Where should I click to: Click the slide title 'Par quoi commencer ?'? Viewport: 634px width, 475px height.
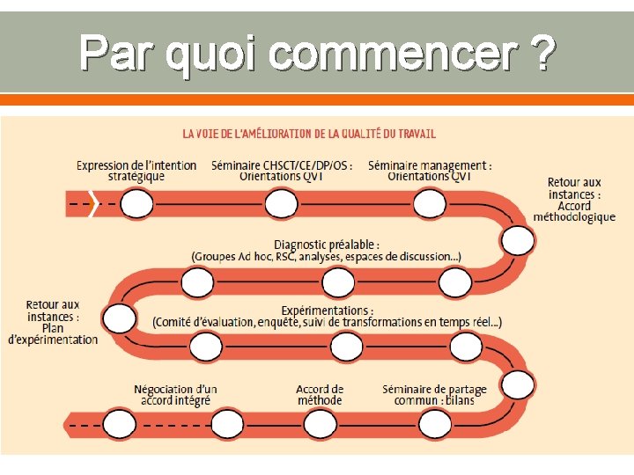point(317,53)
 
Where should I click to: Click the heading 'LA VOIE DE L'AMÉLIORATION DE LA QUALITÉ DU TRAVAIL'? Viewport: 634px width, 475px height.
point(309,134)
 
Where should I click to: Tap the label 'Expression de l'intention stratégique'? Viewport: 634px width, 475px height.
point(136,171)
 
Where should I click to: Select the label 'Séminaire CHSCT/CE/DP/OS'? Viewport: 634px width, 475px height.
point(282,171)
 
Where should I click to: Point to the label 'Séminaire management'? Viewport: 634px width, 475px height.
point(430,171)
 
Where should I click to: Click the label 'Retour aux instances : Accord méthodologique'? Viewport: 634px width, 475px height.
point(574,200)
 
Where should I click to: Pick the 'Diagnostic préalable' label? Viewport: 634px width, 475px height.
point(327,250)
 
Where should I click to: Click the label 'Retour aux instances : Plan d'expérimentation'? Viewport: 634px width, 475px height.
point(53,322)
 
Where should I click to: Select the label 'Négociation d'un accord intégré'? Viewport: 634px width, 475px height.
point(175,394)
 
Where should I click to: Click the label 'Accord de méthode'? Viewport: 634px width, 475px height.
point(320,394)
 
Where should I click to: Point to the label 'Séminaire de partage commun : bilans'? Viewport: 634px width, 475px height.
point(434,394)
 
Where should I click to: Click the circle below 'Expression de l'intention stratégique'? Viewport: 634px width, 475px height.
point(137,205)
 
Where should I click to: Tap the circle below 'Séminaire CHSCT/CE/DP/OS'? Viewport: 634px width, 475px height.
point(281,205)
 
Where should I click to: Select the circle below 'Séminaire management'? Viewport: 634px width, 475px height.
point(430,205)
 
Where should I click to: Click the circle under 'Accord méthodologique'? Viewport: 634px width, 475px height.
point(518,239)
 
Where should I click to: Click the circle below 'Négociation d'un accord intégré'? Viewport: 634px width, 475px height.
point(120,425)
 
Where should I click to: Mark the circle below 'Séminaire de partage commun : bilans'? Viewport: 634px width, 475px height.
point(435,425)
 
